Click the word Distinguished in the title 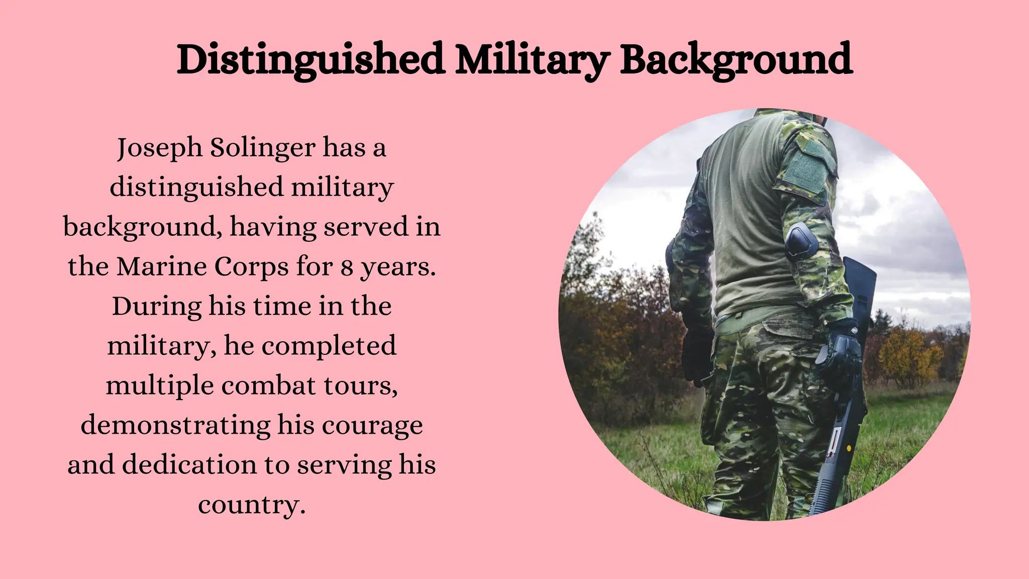[x=310, y=60]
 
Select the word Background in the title [x=736, y=60]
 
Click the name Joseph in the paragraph [x=160, y=148]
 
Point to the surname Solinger [x=263, y=148]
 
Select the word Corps [x=252, y=267]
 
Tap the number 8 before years [x=347, y=267]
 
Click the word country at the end [x=252, y=504]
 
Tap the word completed [x=329, y=346]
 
